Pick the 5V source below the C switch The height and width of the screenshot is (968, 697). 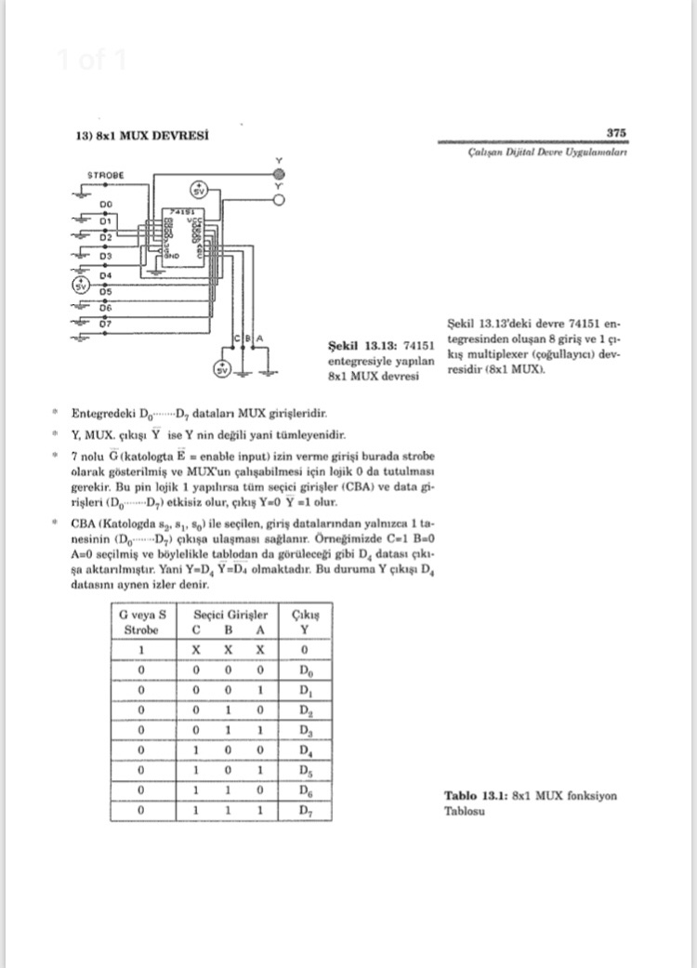pos(221,368)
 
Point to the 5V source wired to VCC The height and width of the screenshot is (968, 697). pos(199,191)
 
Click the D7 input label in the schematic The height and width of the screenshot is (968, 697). pos(105,323)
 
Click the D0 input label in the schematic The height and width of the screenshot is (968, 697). pos(105,202)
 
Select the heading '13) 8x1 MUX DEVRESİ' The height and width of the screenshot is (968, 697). pos(140,135)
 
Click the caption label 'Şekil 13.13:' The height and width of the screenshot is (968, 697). pos(356,346)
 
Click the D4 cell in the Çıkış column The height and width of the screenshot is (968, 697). pos(307,750)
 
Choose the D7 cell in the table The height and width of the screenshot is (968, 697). pos(307,811)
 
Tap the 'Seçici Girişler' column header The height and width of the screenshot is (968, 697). pos(230,615)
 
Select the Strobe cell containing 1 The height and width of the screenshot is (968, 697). pos(141,650)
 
